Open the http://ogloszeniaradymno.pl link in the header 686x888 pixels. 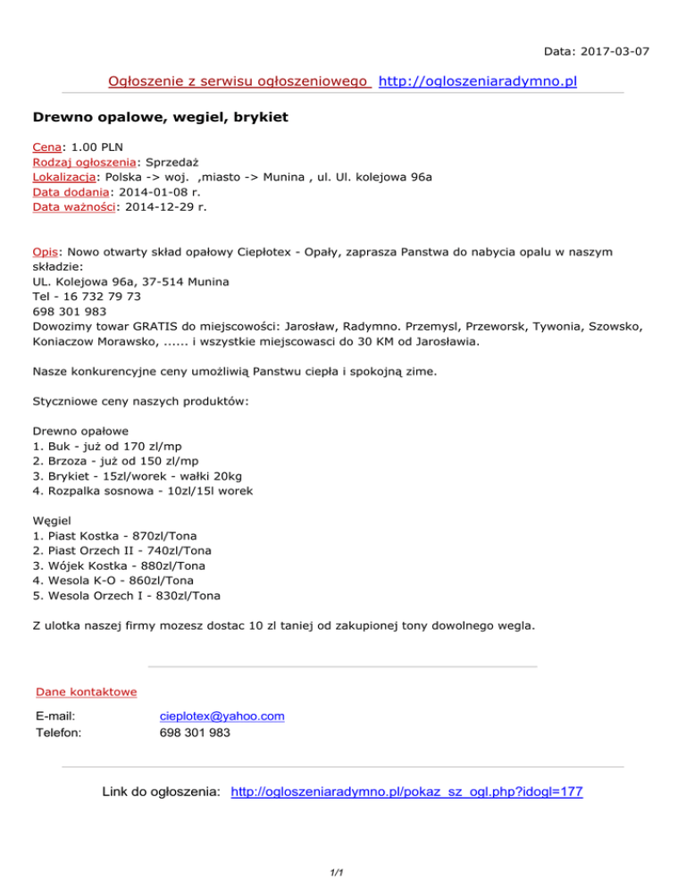coord(478,82)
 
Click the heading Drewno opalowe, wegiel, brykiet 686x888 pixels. coord(161,117)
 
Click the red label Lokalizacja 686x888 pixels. coord(63,177)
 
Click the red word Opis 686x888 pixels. coord(45,252)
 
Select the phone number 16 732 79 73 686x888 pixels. coord(101,296)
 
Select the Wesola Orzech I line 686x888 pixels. coord(126,596)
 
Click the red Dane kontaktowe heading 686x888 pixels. coord(86,691)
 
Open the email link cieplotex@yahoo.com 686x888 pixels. coord(222,716)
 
